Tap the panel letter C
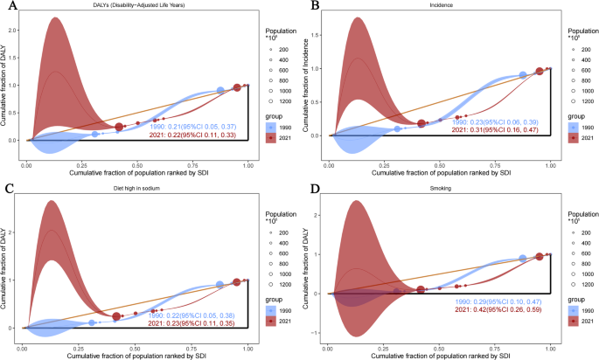pyautogui.click(x=7, y=188)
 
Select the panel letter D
pyautogui.click(x=309, y=188)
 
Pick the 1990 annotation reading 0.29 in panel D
pyautogui.click(x=505, y=300)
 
